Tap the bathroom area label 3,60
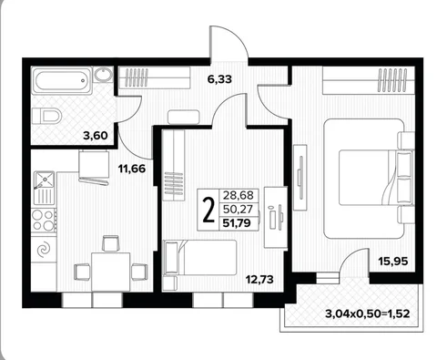pos(94,136)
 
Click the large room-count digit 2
pos(210,209)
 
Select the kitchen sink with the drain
pos(43,189)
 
